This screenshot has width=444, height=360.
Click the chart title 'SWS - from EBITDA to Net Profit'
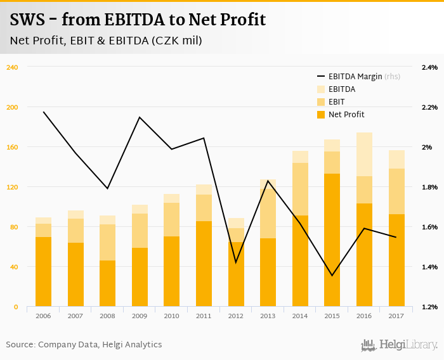138,20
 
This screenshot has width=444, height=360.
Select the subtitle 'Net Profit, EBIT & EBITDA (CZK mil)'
106,41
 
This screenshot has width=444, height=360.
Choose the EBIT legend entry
336,102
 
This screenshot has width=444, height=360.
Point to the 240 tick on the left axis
12,67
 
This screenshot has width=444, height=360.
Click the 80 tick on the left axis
14,227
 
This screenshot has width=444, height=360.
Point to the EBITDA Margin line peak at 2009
140,117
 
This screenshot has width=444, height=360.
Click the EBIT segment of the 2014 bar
301,189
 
